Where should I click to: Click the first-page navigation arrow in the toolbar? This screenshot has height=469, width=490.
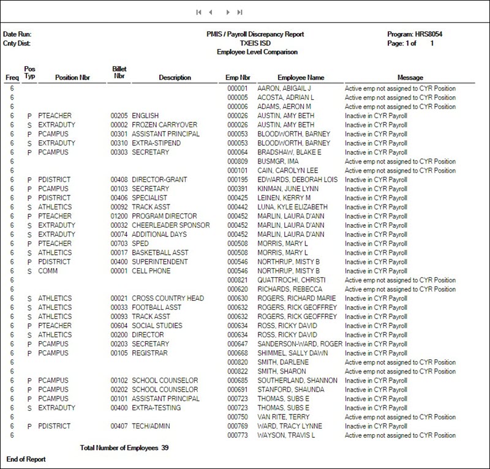point(198,12)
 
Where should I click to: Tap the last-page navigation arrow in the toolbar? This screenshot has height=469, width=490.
point(239,12)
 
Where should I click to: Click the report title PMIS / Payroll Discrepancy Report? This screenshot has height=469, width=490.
point(255,34)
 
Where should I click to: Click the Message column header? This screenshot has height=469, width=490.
point(410,78)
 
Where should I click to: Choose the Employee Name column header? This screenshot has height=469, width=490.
point(301,78)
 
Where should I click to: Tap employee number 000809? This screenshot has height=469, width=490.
point(237,162)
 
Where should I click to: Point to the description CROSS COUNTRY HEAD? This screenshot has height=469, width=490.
point(168,299)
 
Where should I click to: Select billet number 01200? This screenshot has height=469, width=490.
point(119,217)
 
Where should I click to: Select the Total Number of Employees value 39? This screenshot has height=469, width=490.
point(165,448)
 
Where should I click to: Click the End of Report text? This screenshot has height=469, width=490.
point(26,459)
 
